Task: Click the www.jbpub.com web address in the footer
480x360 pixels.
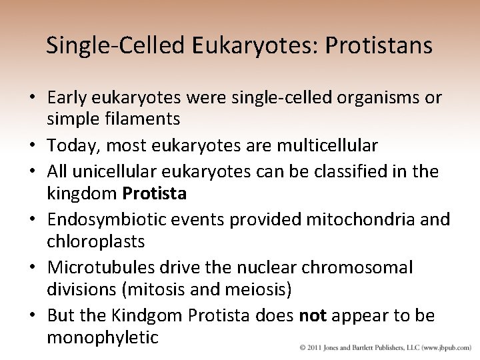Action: pos(446,347)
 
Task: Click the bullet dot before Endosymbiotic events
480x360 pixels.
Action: pos(33,219)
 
